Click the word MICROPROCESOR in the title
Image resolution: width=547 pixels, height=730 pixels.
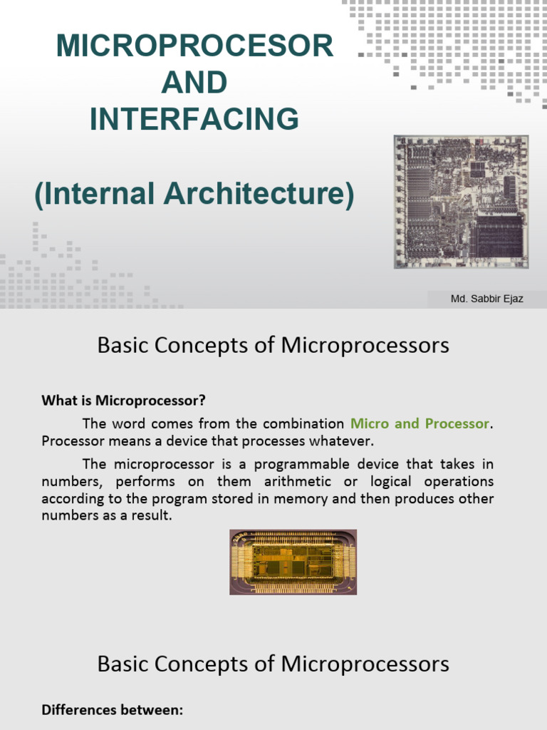point(194,47)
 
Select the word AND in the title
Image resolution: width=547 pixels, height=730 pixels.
point(194,83)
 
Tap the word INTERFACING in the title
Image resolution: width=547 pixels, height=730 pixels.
point(194,118)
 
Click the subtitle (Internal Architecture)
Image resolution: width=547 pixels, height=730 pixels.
point(194,195)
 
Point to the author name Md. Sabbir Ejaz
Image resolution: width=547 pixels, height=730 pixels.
point(486,299)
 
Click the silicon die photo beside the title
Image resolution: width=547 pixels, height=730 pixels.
point(461,202)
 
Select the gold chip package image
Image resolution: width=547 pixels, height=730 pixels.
point(293,562)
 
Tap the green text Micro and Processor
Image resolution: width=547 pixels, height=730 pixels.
point(420,423)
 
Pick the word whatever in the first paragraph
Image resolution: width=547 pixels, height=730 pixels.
point(346,441)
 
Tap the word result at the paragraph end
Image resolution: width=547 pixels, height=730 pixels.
point(150,515)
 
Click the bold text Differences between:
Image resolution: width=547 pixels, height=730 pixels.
point(112,709)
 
